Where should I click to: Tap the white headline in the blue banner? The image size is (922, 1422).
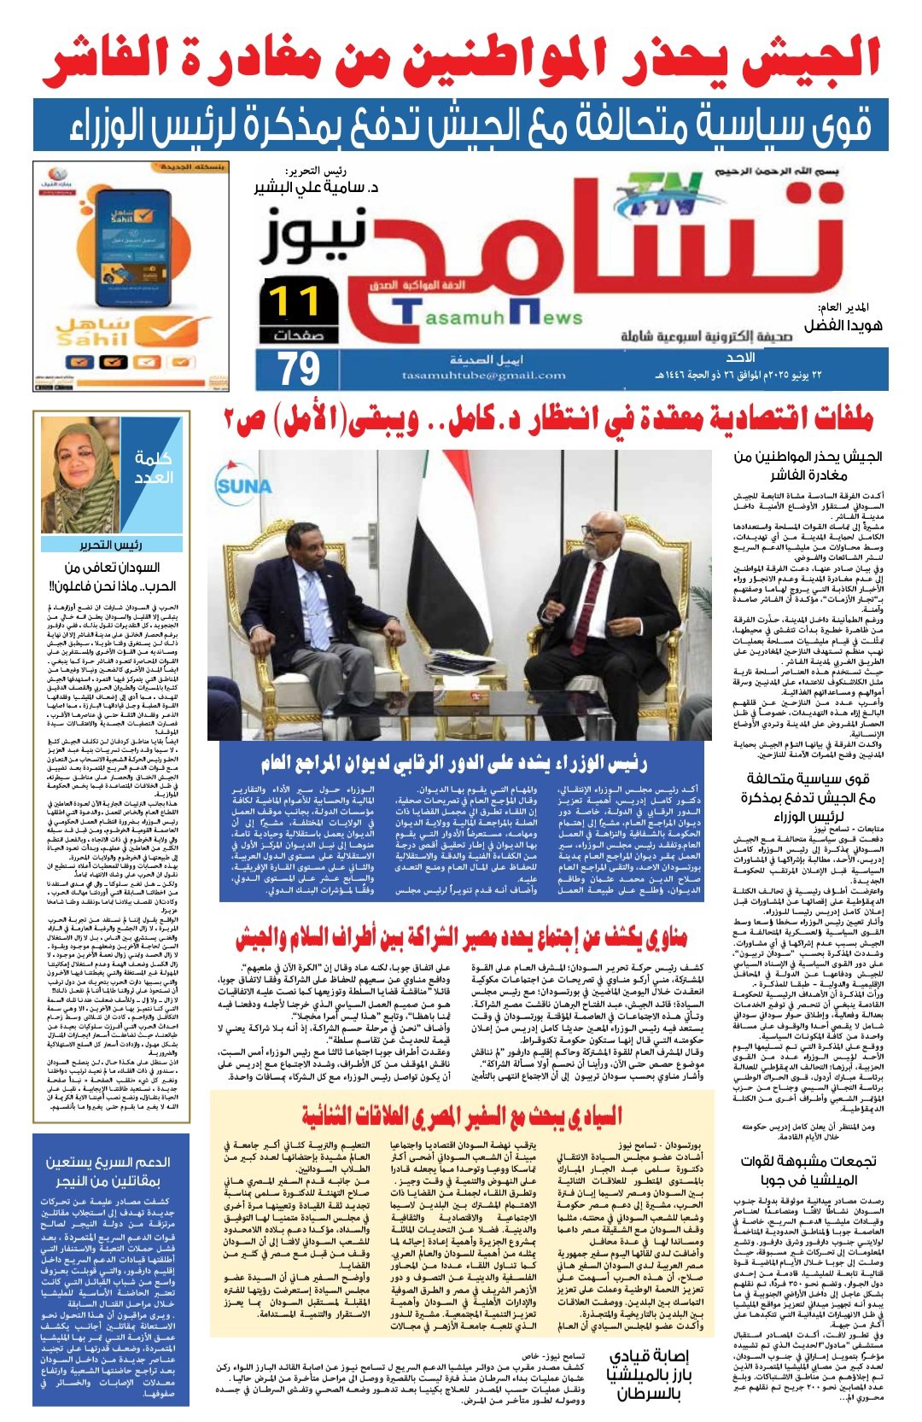click(461, 125)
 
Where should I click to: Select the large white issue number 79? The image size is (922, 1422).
click(299, 369)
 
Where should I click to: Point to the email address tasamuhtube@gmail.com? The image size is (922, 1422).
click(484, 376)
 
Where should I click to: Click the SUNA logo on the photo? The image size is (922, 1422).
click(243, 485)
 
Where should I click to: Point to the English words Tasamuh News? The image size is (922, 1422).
click(491, 318)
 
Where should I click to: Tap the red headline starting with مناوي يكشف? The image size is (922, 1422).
click(461, 939)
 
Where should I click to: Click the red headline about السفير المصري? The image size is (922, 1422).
click(461, 1116)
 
